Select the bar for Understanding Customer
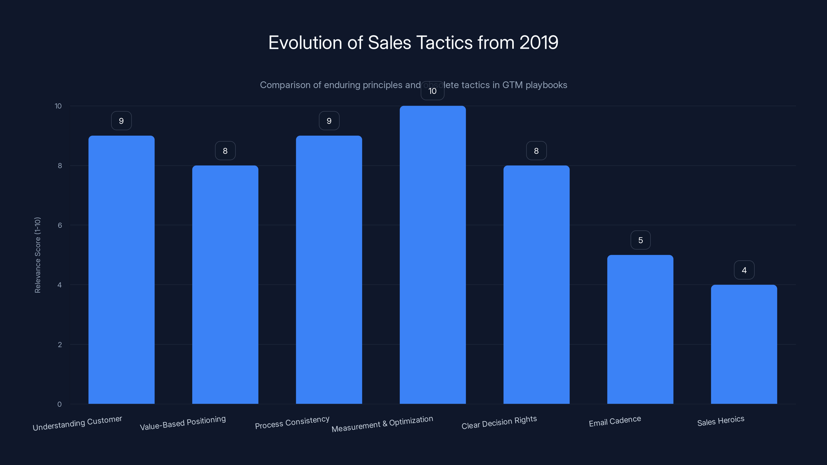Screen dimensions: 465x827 tap(121, 269)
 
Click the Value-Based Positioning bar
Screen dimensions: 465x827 tap(225, 284)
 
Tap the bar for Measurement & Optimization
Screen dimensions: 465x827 tap(432, 254)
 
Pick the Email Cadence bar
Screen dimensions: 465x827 tap(640, 329)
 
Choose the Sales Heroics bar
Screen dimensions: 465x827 tap(744, 344)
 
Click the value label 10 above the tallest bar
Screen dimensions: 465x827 tap(432, 91)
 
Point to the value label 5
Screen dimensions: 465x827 tap(640, 240)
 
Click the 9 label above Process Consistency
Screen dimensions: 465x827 tap(329, 121)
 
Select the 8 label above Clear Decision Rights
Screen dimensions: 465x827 tap(536, 151)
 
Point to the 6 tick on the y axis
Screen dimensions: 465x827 tap(60, 225)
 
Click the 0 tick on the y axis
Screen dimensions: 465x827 tap(59, 404)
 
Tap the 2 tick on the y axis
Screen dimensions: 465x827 tap(60, 345)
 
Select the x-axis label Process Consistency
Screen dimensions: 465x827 tap(292, 422)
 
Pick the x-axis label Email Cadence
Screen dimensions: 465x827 tap(615, 421)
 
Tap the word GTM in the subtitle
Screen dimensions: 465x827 tap(512, 85)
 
